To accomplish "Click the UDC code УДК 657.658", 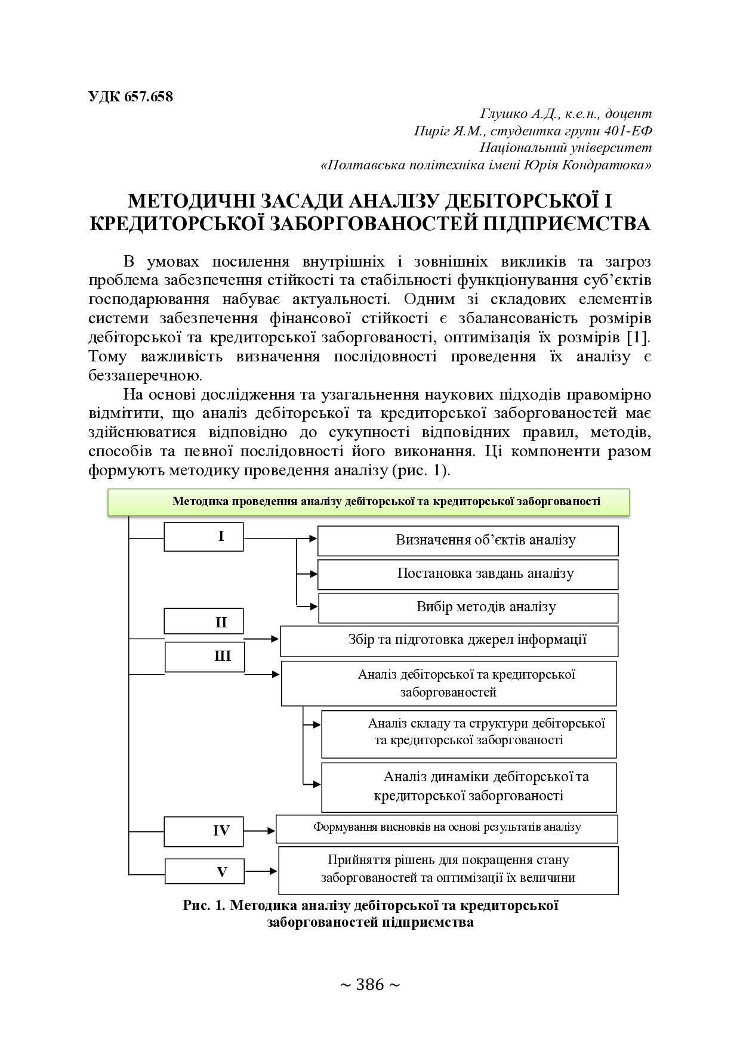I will [x=131, y=97].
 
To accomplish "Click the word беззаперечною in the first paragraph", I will [x=145, y=376].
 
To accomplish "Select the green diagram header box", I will [x=368, y=502].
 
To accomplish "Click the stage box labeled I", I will [x=203, y=537].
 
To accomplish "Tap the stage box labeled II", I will [x=203, y=622].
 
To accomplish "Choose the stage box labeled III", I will [x=204, y=656].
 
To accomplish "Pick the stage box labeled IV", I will [x=203, y=831].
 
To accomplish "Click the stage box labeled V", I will [x=204, y=871].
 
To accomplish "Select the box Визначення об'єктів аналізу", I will [x=468, y=540].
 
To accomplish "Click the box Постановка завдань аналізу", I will [x=468, y=574].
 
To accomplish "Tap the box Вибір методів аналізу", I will [x=468, y=607].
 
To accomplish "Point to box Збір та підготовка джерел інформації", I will [x=449, y=640].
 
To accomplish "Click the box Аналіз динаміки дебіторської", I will [x=468, y=786].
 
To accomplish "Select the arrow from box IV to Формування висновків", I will [x=260, y=831].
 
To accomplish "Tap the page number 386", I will [x=369, y=985].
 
